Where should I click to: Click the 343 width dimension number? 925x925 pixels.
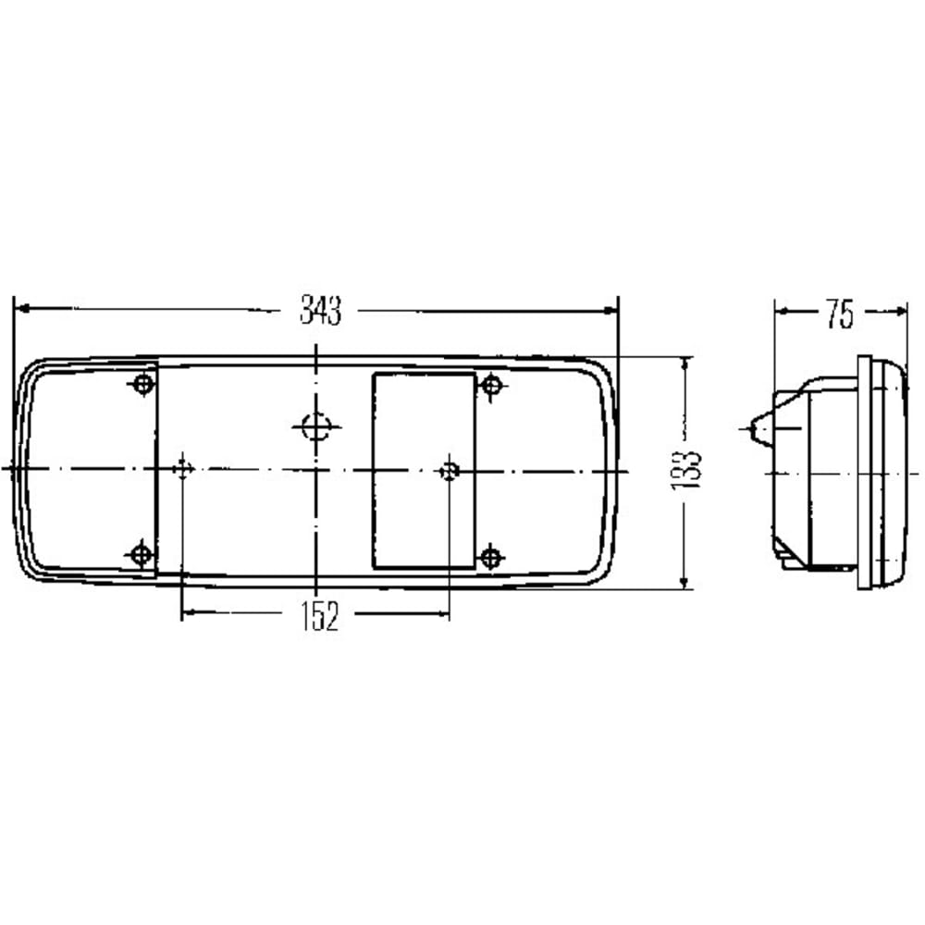point(320,310)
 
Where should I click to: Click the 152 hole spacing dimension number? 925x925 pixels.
point(320,616)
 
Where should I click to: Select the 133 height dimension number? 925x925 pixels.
point(685,470)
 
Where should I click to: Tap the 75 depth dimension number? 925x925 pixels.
point(840,314)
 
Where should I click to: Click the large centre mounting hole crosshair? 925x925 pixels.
point(316,426)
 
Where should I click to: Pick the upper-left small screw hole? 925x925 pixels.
point(142,385)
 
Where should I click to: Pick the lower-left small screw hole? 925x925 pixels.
point(141,555)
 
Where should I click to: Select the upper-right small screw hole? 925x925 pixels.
point(492,386)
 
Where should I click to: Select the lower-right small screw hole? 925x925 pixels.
point(491,557)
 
